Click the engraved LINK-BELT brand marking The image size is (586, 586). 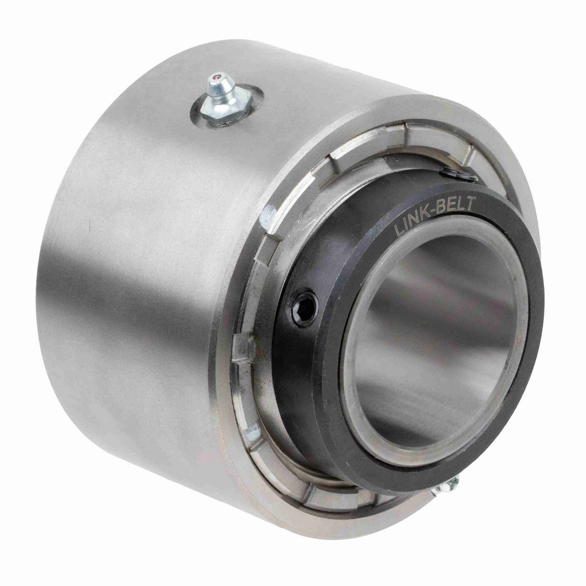(x=434, y=215)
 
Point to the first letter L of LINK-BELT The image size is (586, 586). (x=398, y=232)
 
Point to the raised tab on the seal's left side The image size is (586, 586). (x=243, y=347)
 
